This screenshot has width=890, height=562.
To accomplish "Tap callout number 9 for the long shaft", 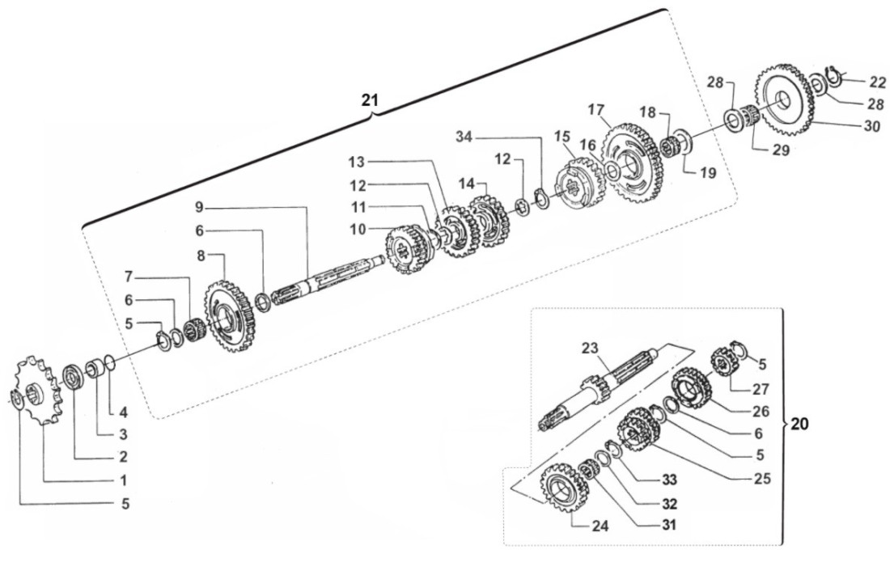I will (x=199, y=208).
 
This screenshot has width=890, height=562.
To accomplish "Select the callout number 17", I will (x=595, y=109).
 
